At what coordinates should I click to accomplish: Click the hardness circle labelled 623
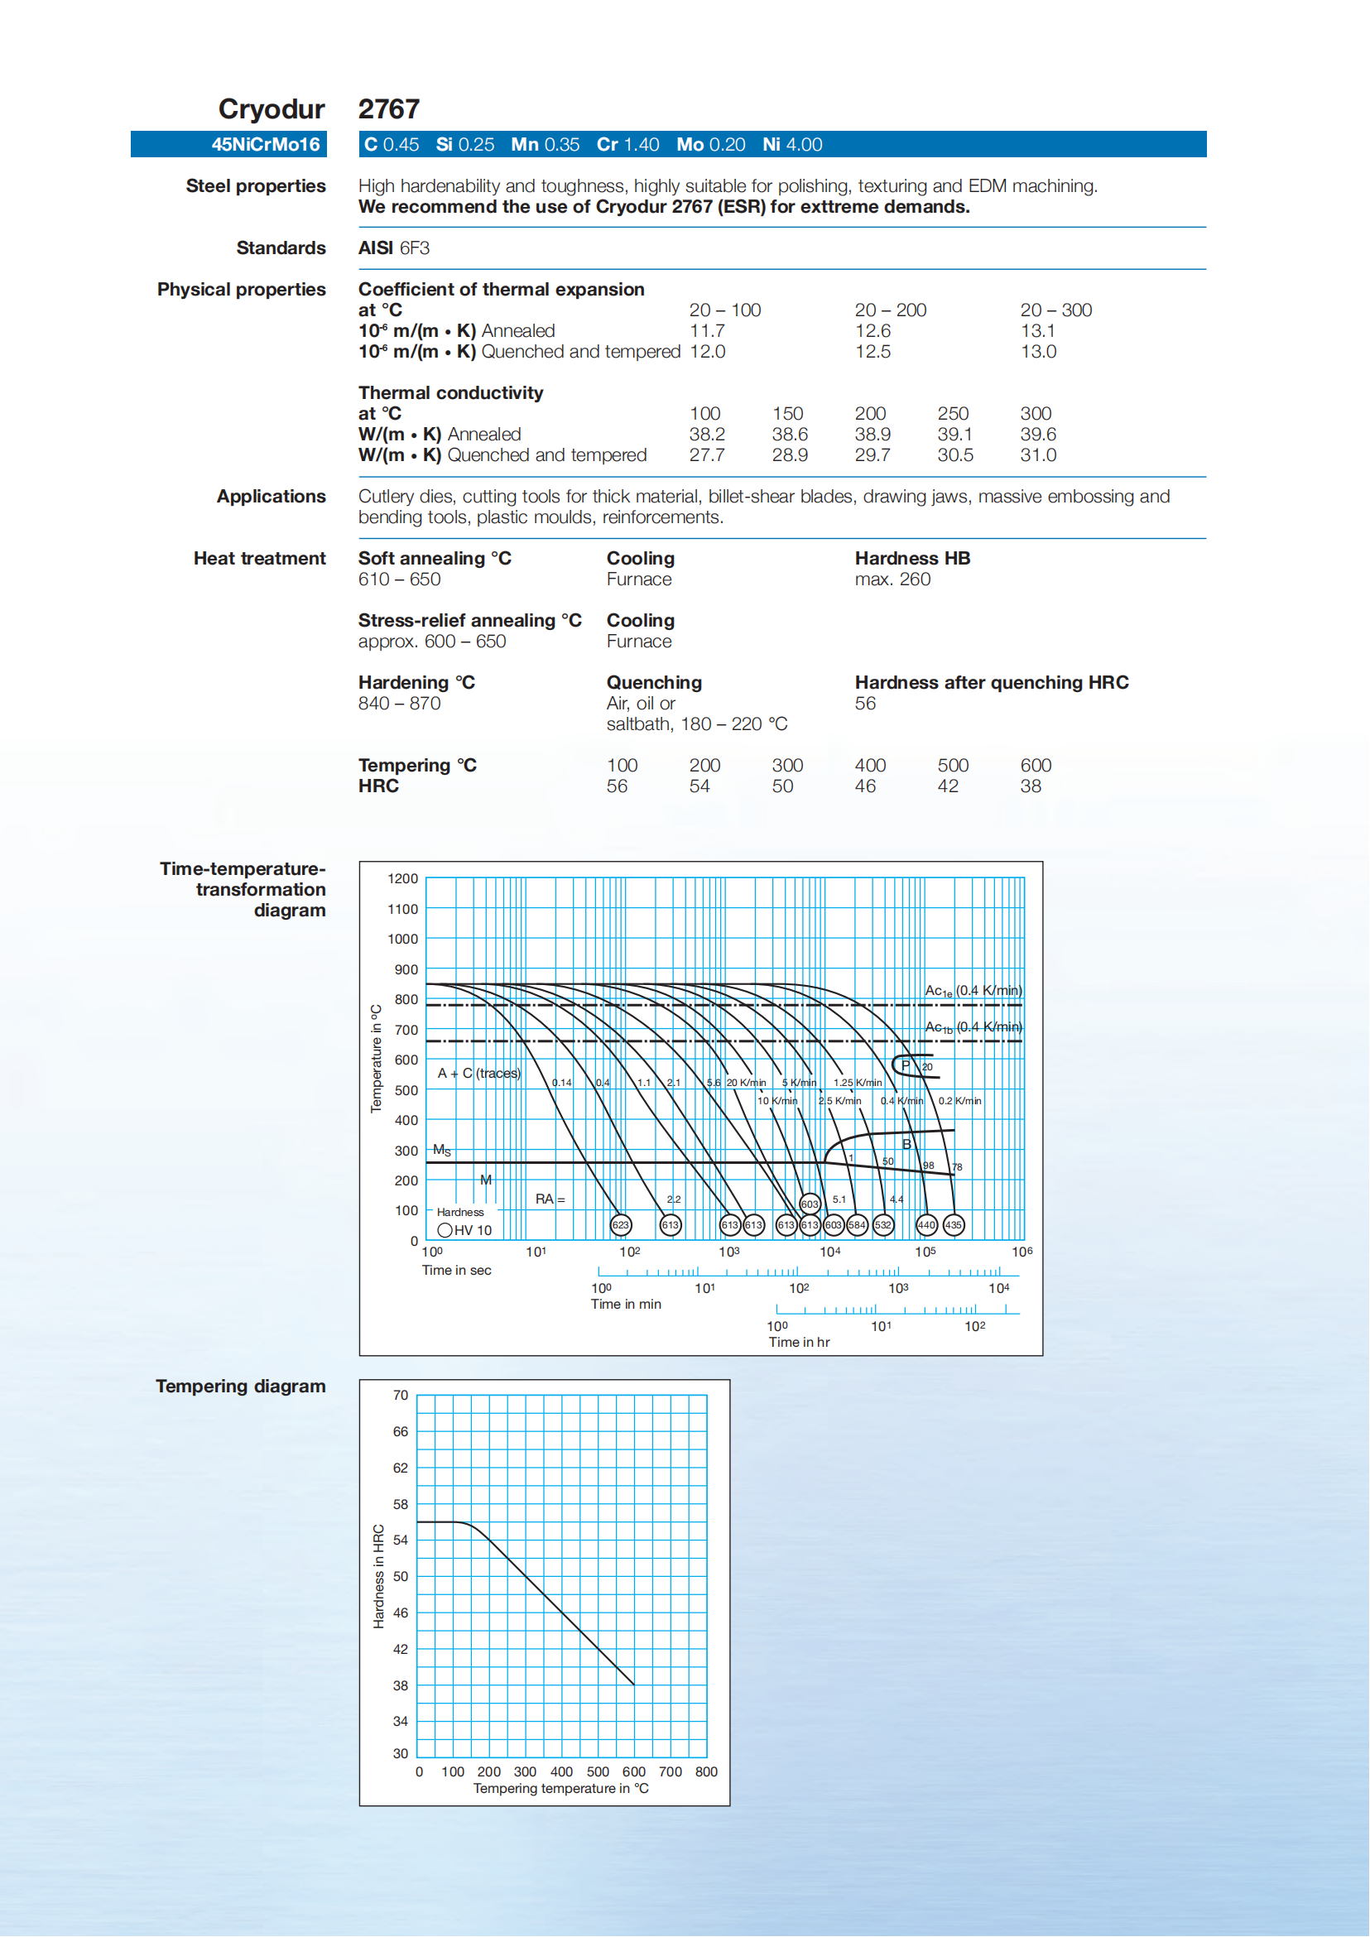pos(621,1224)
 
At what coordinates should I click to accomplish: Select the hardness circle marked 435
pos(954,1224)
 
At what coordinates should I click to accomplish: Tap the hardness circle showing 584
pos(857,1224)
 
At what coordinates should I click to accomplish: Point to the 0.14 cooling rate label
pos(562,1083)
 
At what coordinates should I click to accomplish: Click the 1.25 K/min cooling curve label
pos(857,1083)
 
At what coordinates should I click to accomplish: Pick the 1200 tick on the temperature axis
pos(402,878)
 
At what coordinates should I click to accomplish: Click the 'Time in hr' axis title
pos(799,1342)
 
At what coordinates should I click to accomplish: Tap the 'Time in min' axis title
pos(626,1305)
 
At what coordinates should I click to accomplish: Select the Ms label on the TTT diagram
pos(442,1150)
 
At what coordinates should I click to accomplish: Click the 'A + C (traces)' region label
pos(479,1073)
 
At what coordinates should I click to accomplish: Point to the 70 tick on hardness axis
pos(400,1396)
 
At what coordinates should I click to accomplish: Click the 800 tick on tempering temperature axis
pos(706,1771)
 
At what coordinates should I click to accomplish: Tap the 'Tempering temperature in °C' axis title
pos(561,1789)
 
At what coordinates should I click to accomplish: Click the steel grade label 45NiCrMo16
pos(266,144)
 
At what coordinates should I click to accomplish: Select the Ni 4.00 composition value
pos(792,144)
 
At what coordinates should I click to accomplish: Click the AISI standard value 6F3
pos(414,248)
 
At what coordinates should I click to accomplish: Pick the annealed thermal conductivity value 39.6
pos(1037,435)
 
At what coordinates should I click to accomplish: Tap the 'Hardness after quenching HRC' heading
pos(991,683)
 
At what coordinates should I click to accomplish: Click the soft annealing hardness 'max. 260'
pos(892,579)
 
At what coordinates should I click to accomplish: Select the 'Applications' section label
pos(271,497)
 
